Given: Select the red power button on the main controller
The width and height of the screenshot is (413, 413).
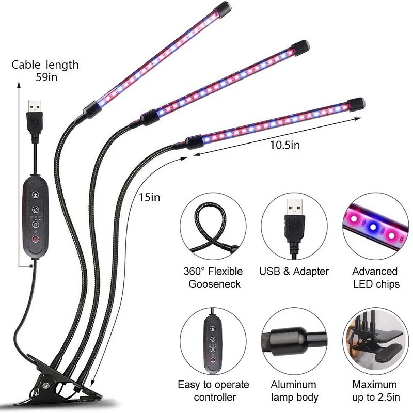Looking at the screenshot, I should point(35,240).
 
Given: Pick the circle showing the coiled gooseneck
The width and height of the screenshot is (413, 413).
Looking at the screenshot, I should point(212,227).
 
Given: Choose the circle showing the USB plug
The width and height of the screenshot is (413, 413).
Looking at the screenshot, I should point(294,227).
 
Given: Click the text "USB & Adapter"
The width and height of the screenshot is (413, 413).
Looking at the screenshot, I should point(294,272).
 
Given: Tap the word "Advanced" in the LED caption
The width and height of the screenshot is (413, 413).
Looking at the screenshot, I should point(375,272).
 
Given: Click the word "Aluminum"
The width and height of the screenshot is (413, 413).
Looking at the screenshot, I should point(294,385).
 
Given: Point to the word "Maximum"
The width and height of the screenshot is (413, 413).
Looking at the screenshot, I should point(375,385).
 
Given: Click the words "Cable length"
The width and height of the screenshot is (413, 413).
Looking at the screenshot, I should point(45,65).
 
